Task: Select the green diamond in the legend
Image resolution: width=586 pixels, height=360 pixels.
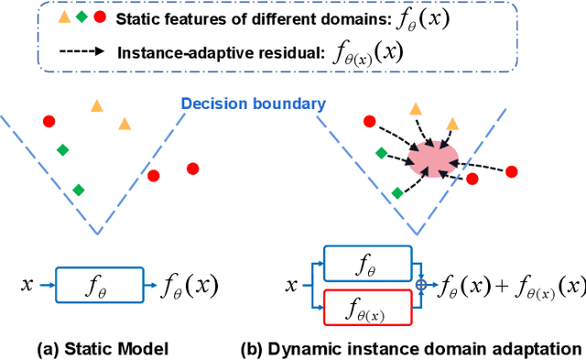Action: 82,18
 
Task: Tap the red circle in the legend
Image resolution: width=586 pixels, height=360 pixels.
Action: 99,18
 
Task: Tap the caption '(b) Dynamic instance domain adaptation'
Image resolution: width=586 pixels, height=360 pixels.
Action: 410,348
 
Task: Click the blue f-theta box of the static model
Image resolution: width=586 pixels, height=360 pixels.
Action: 100,285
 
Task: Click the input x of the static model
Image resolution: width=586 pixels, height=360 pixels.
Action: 27,285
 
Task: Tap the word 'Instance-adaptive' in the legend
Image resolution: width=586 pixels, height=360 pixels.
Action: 177,53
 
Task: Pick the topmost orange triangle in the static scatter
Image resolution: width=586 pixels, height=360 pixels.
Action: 97,105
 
